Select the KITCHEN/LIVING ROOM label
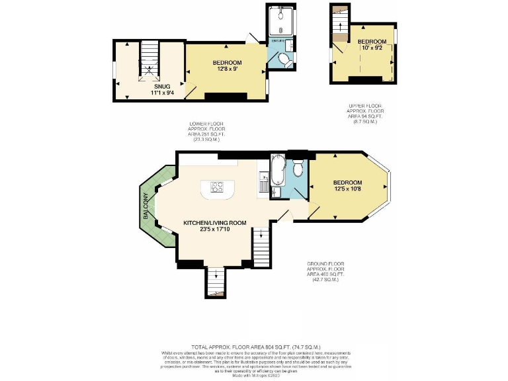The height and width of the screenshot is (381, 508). tap(215, 223)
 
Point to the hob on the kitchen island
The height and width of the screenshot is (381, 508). tap(216, 187)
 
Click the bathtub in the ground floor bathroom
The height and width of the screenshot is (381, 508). tap(277, 169)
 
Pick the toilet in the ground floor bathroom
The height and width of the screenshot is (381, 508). tap(298, 170)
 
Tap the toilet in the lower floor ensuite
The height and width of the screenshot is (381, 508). tap(284, 60)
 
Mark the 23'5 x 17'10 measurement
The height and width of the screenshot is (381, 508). tap(215, 231)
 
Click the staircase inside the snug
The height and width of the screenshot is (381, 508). tap(150, 60)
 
